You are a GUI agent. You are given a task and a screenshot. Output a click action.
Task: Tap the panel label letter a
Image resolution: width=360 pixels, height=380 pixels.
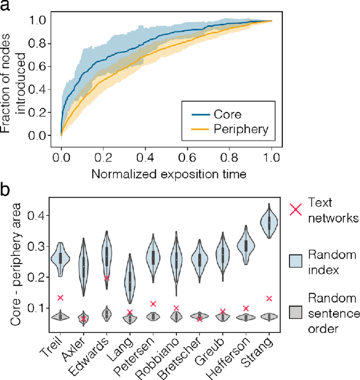[5, 6]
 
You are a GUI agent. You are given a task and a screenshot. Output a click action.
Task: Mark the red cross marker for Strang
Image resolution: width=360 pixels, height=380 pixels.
[269, 298]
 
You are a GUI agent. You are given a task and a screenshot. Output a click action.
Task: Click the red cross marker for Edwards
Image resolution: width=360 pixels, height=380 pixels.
[107, 278]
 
